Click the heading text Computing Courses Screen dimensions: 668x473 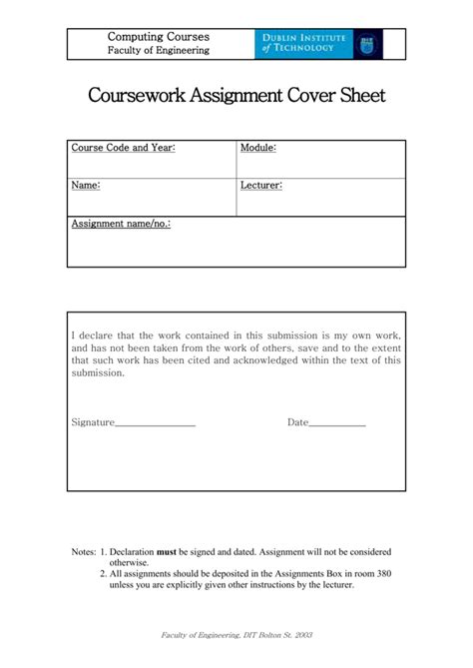[159, 37]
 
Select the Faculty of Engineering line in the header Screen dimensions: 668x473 [159, 50]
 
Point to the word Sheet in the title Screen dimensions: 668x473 [358, 97]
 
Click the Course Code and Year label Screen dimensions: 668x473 [123, 148]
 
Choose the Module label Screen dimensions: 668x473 [257, 148]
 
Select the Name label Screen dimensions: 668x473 [86, 185]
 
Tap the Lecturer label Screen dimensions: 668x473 [261, 185]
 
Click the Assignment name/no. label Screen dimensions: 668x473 [120, 224]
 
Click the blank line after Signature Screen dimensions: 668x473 [155, 423]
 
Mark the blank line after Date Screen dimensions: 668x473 [337, 423]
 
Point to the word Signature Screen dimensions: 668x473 [93, 422]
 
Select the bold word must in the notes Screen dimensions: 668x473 [167, 551]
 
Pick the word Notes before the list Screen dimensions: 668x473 [83, 551]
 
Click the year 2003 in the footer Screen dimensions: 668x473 [302, 636]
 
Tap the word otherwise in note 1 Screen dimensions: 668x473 [129, 562]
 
